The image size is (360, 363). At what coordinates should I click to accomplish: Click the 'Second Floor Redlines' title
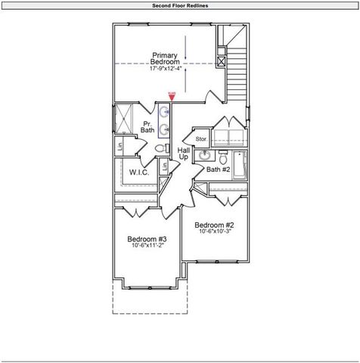(x=179, y=5)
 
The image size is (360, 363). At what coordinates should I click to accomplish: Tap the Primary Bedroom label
(x=165, y=59)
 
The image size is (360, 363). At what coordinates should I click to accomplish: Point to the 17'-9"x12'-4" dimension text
(x=165, y=69)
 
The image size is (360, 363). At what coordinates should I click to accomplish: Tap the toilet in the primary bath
(x=160, y=148)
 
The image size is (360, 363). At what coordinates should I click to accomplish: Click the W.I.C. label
(x=138, y=172)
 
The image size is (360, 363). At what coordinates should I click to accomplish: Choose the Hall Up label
(x=183, y=153)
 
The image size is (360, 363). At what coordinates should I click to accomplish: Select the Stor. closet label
(x=201, y=139)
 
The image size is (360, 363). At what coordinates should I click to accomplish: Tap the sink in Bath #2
(x=204, y=157)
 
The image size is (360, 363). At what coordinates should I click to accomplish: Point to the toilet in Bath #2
(x=223, y=157)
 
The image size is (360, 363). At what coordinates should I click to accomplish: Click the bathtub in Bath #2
(x=239, y=164)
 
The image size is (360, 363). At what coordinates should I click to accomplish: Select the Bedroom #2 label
(x=214, y=225)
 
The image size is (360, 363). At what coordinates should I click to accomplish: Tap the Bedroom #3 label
(x=147, y=239)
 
